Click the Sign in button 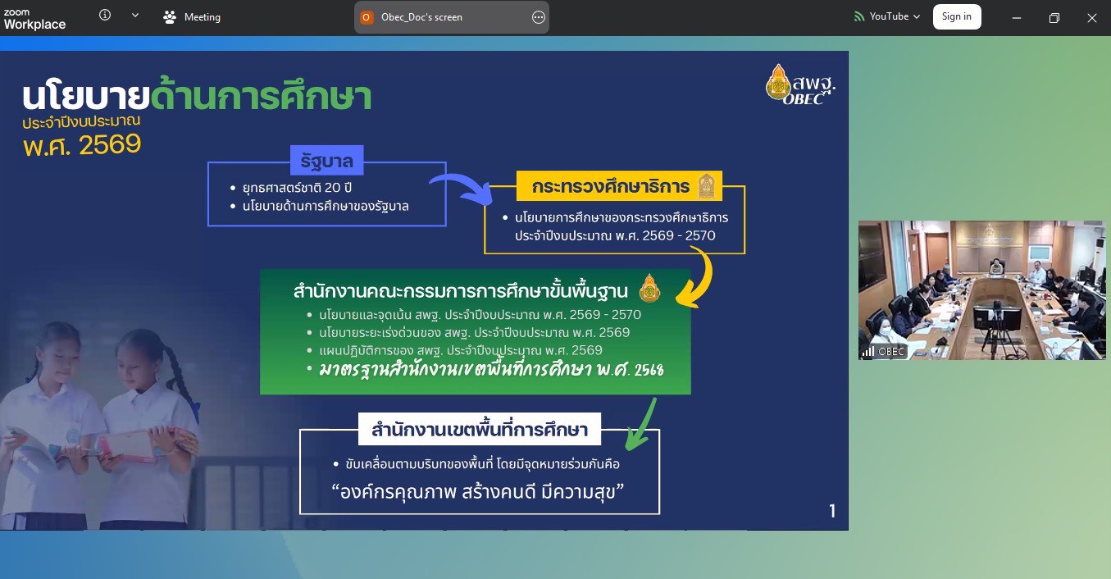coord(957,17)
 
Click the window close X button coord(1091,18)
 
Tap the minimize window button coord(1016,18)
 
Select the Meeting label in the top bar coord(203,17)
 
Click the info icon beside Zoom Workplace coord(105,15)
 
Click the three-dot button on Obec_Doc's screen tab coord(538,17)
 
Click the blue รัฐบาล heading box coord(327,160)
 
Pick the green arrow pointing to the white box coord(641,426)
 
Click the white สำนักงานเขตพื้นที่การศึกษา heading coord(480,429)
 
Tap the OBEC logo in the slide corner coord(800,85)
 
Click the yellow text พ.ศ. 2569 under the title coord(82,145)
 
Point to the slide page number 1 coord(832,511)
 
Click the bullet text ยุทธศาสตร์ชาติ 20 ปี coord(297,188)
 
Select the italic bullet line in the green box coord(491,370)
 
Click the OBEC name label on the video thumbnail coord(890,352)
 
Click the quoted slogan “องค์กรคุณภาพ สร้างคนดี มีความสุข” coord(478,492)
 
